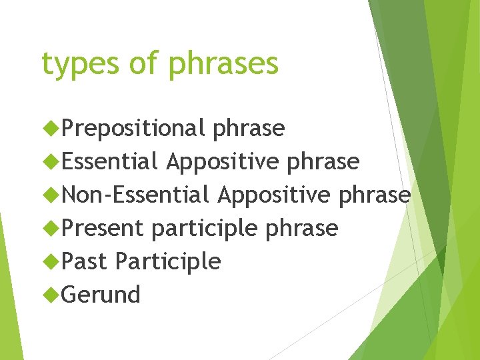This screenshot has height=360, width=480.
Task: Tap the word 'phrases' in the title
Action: [x=223, y=65]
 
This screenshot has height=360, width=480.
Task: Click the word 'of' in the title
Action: [x=145, y=63]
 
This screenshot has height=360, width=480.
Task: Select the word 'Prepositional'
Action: [x=133, y=128]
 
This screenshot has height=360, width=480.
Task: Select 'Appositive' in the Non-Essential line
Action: [x=273, y=195]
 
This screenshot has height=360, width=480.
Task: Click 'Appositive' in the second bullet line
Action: [x=222, y=161]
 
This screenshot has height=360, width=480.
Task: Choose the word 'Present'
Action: [x=103, y=228]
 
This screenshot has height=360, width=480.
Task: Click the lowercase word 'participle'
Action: [x=205, y=228]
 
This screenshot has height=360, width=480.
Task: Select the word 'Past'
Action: [x=84, y=261]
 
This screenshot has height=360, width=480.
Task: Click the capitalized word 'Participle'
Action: [x=167, y=261]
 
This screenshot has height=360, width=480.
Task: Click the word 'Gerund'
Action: [x=101, y=295]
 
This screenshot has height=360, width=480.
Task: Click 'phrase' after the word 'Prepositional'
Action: [x=249, y=128]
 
